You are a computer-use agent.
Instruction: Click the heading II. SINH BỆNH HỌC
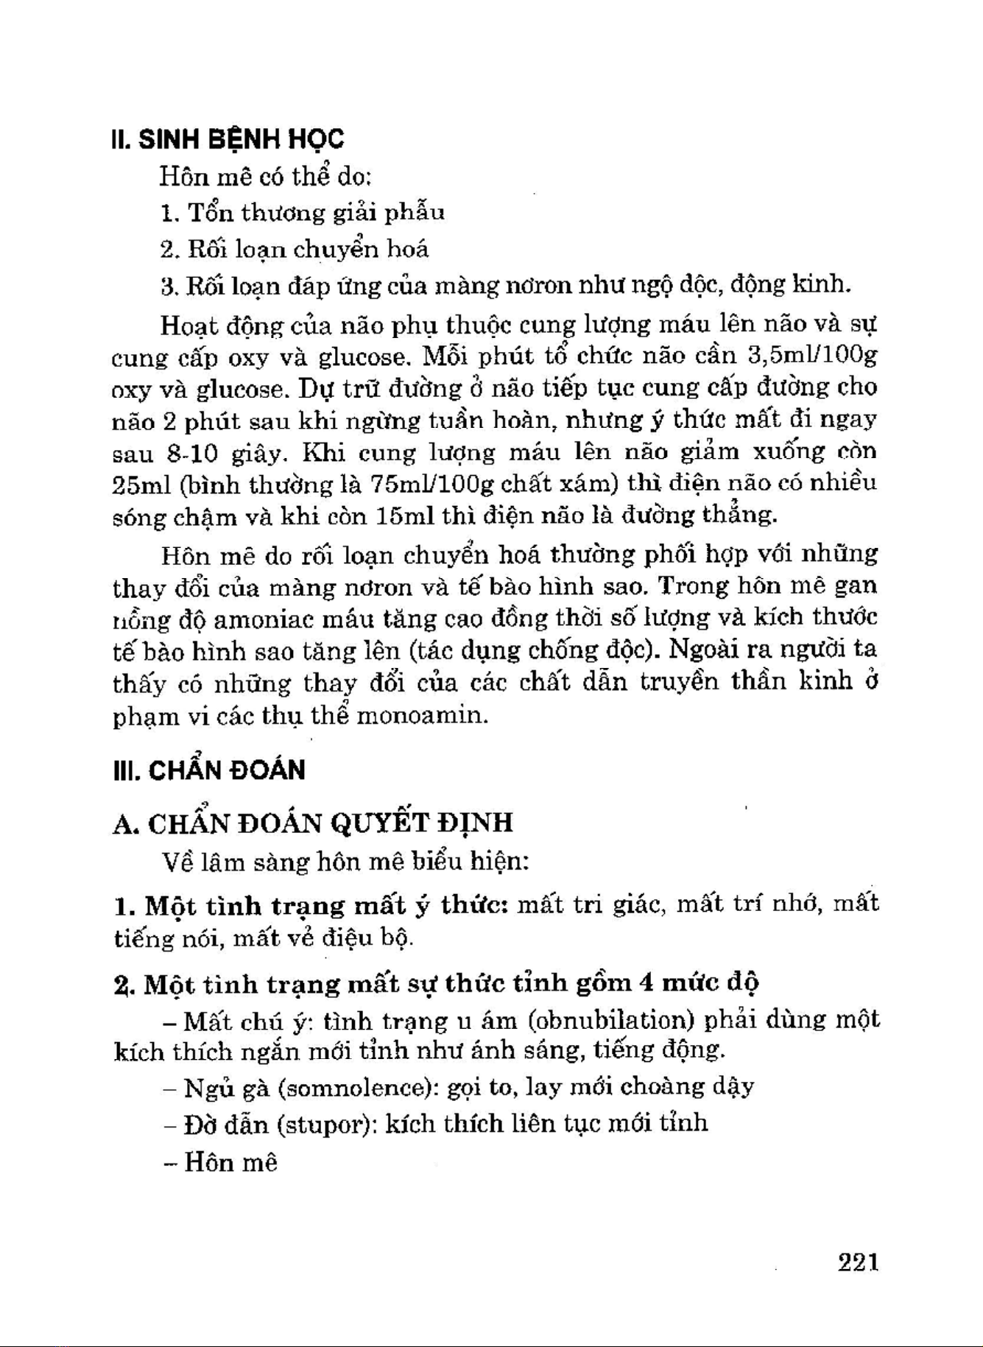[x=227, y=139]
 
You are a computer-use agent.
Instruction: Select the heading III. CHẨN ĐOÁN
[x=208, y=770]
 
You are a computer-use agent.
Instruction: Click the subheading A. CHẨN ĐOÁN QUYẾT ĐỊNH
[x=312, y=823]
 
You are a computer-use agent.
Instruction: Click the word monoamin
[x=422, y=715]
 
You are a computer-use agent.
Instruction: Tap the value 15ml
[x=404, y=516]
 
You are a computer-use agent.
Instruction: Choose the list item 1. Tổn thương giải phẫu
[x=302, y=213]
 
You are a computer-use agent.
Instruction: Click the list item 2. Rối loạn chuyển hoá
[x=294, y=250]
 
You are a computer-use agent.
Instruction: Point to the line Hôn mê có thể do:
[x=265, y=177]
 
